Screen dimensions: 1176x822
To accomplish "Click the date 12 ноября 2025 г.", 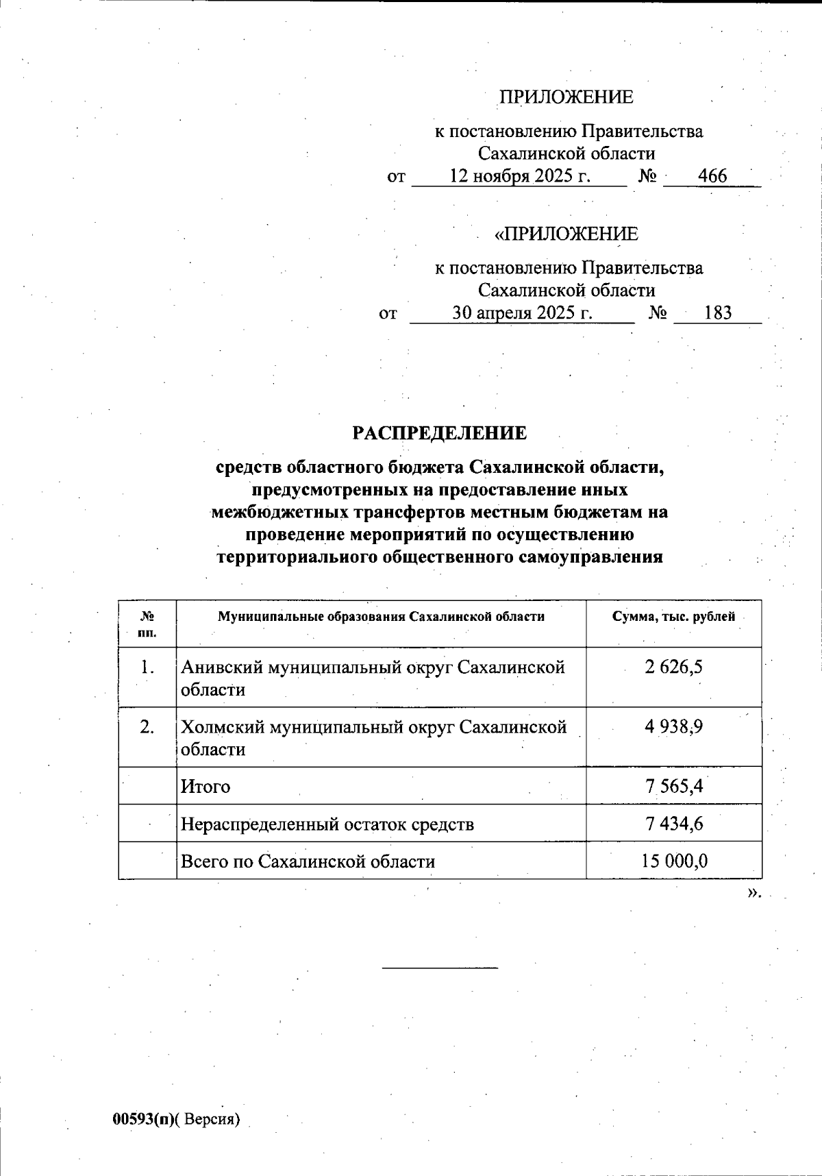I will coord(519,177).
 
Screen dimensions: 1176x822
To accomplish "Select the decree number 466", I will coord(712,177).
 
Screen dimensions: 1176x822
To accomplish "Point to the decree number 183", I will coord(718,314).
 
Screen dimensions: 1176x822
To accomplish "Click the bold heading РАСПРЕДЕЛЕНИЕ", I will coord(440,433).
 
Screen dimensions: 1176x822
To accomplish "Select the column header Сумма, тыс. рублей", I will coord(673,616).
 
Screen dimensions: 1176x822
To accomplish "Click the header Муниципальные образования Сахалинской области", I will coord(381,616).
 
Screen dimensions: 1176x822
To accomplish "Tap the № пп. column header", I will coord(147,624).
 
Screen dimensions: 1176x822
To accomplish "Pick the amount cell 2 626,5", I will coord(673,667).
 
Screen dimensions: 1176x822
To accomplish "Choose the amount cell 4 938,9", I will coord(673,726).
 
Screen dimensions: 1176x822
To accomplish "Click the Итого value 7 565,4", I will coord(674,786).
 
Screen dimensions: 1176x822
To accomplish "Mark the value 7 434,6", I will coord(674,823).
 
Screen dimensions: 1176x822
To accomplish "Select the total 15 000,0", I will coord(674,861).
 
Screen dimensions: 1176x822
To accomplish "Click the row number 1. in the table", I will coord(147,667).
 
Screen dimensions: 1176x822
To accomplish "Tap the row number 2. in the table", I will coord(147,726).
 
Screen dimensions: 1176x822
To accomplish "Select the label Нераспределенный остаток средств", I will coord(327,824).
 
